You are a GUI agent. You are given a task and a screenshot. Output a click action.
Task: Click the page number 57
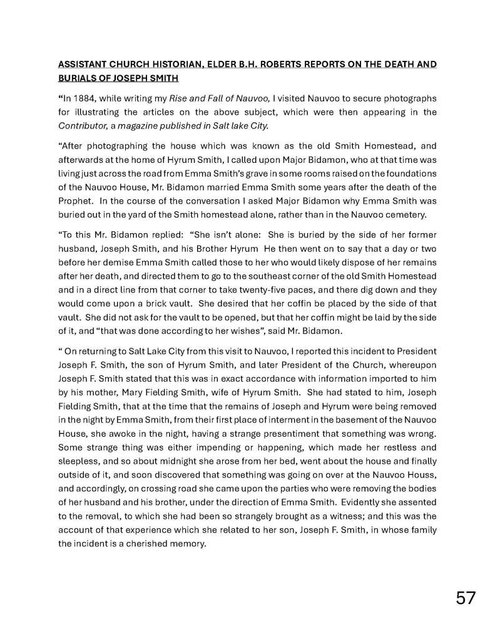click(465, 598)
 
